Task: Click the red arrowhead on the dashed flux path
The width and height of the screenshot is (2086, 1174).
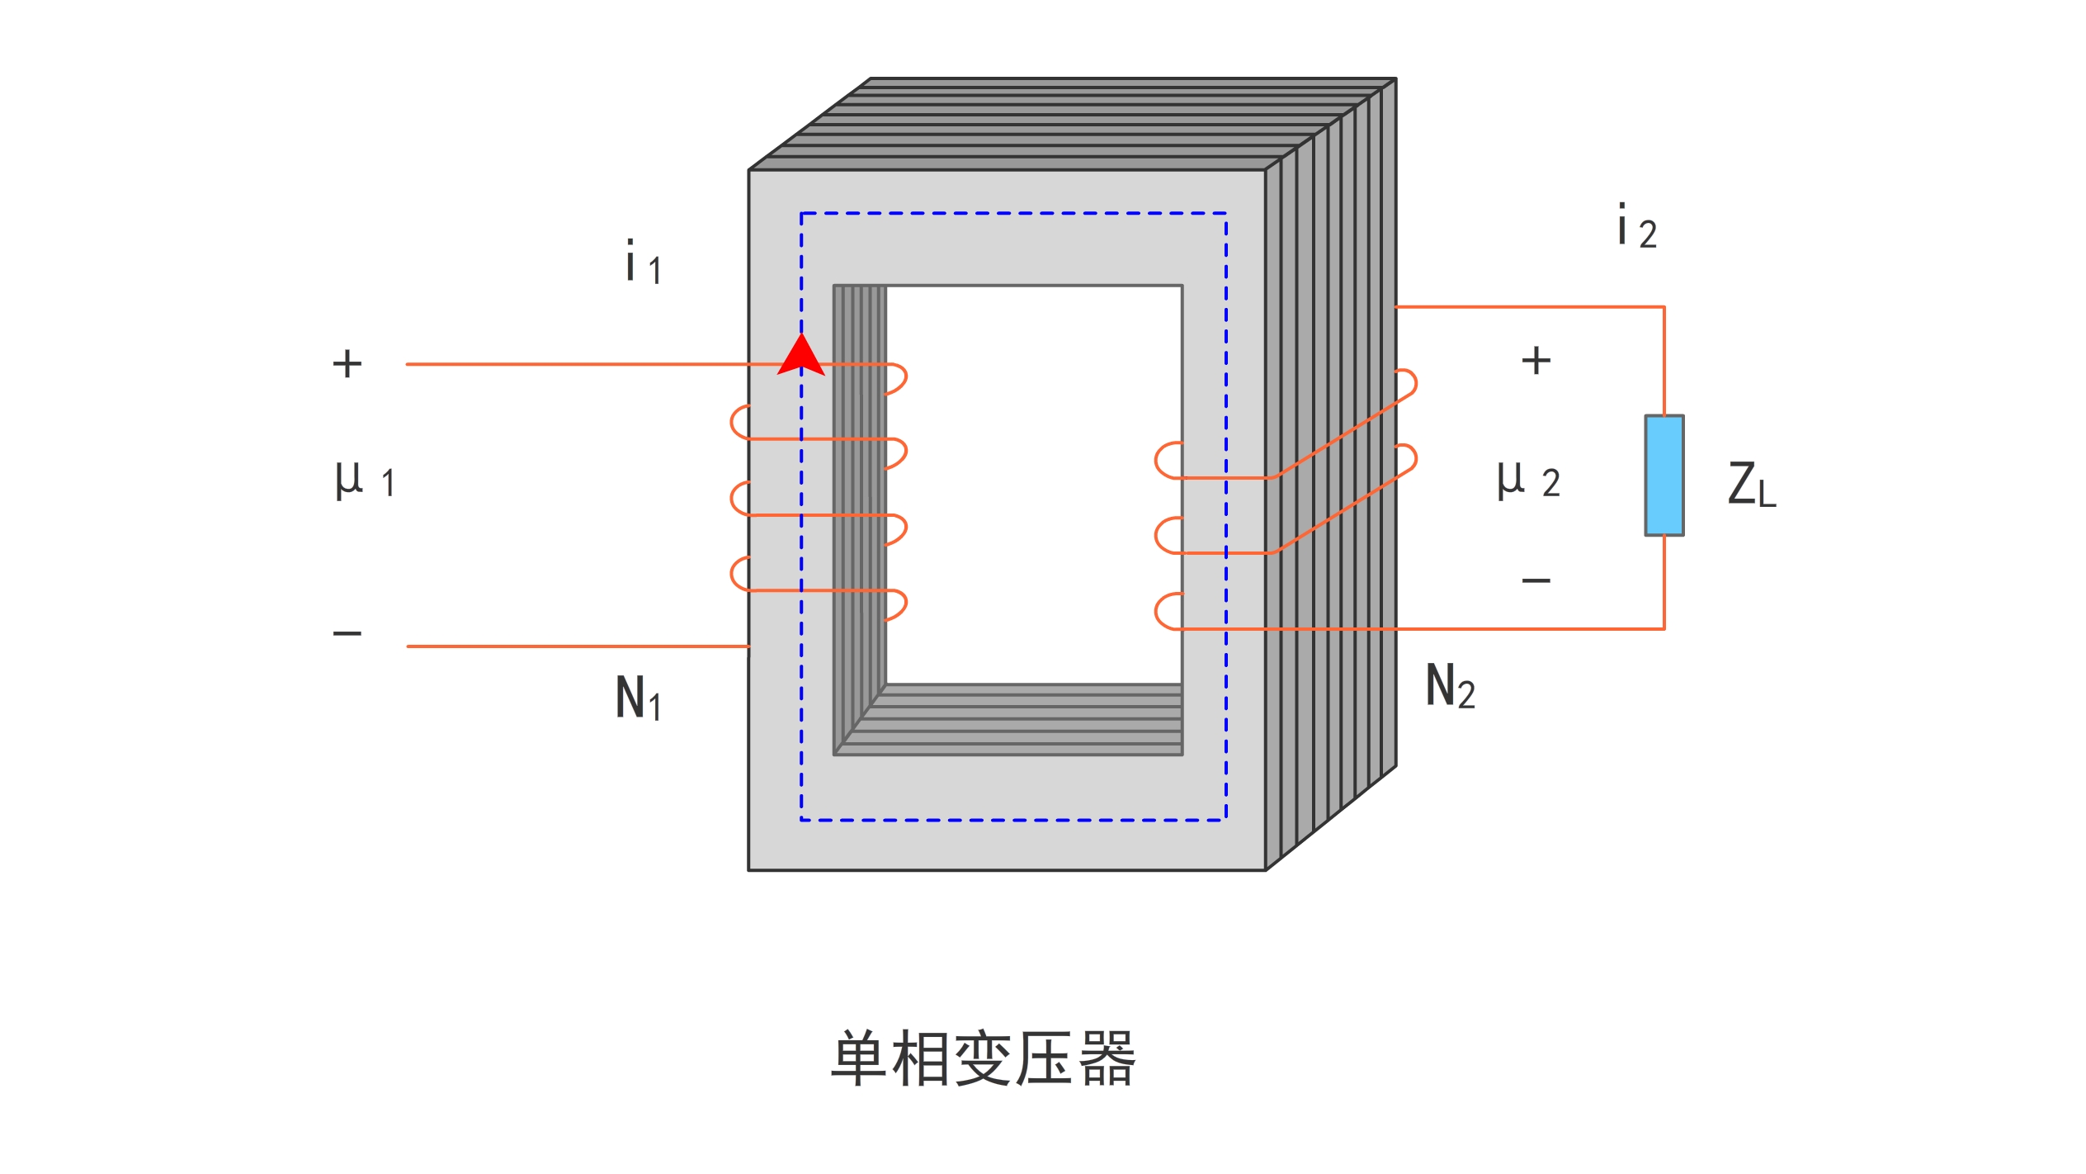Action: click(800, 357)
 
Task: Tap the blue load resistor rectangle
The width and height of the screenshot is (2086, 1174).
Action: click(1664, 476)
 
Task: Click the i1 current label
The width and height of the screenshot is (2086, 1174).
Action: click(643, 263)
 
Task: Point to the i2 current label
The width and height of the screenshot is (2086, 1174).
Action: click(1636, 226)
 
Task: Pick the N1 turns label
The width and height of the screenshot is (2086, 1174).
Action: click(638, 698)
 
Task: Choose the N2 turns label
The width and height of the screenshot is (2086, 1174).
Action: click(1450, 686)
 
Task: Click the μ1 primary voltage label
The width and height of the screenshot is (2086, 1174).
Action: click(364, 480)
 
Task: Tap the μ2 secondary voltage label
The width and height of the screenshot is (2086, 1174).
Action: click(1528, 480)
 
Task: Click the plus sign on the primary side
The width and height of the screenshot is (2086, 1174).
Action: click(347, 364)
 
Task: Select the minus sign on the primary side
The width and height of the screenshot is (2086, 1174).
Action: click(347, 634)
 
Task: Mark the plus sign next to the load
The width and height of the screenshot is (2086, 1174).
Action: click(1536, 361)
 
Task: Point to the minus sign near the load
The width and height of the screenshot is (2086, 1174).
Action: click(1536, 581)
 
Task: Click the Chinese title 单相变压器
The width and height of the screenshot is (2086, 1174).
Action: click(982, 1058)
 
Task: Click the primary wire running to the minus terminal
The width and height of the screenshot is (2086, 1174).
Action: click(578, 646)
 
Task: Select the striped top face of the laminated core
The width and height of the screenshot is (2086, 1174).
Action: click(1073, 124)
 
